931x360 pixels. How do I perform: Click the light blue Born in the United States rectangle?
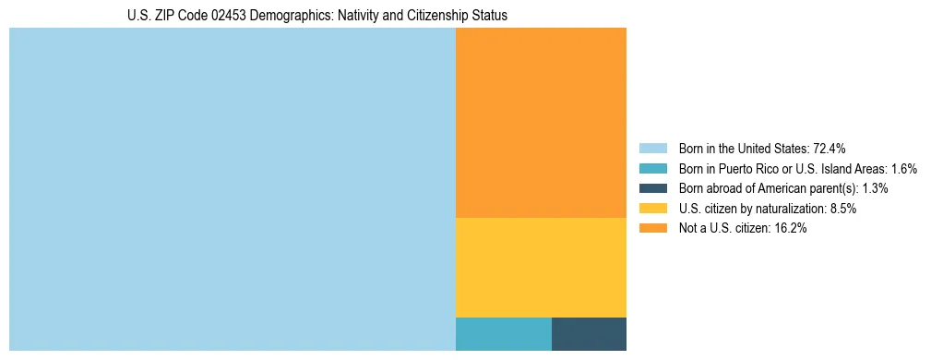[x=232, y=189]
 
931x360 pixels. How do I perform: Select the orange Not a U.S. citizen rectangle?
[x=541, y=123]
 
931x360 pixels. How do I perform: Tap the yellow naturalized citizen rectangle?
[x=541, y=268]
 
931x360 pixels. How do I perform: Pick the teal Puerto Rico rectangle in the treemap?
[x=503, y=334]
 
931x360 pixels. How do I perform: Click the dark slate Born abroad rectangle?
[x=589, y=334]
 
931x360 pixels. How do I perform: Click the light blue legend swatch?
[x=652, y=148]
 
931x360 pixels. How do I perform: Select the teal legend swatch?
[x=652, y=168]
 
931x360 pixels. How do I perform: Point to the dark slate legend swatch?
[x=652, y=188]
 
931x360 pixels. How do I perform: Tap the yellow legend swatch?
[x=652, y=209]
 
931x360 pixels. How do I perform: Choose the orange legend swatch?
[x=652, y=229]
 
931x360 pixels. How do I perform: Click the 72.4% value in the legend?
[x=830, y=148]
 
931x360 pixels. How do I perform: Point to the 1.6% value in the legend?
[x=904, y=168]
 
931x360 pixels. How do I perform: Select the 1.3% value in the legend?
[x=876, y=188]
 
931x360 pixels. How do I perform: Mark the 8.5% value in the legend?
[x=842, y=209]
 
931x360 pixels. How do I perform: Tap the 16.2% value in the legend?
[x=791, y=229]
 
